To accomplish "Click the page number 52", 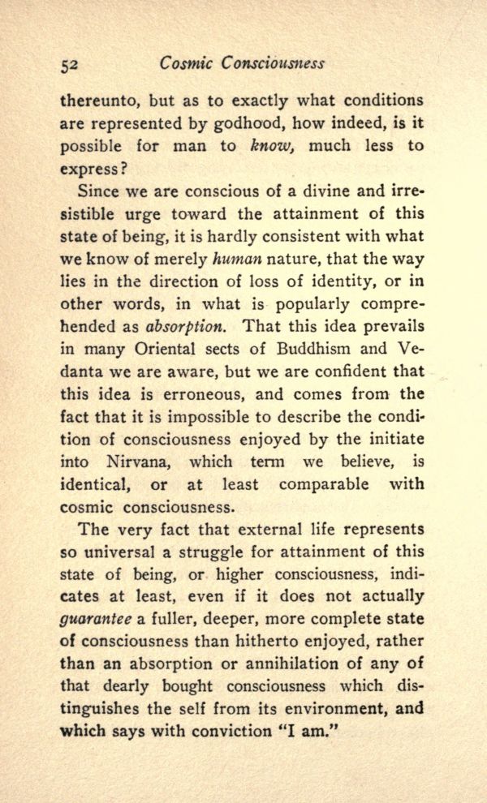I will [x=70, y=65].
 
